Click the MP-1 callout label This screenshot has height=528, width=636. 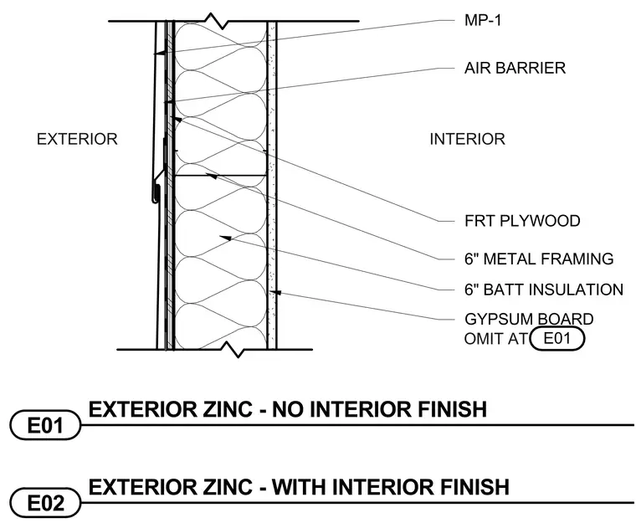(x=483, y=20)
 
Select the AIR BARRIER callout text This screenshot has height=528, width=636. (x=515, y=68)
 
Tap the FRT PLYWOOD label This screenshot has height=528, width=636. (x=522, y=221)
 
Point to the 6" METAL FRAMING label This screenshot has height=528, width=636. (x=539, y=259)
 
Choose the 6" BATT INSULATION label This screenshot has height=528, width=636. (x=543, y=290)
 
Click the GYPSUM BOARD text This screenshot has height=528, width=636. (x=529, y=319)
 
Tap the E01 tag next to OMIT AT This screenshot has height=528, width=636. (x=556, y=339)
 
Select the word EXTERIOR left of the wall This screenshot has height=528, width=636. (x=77, y=139)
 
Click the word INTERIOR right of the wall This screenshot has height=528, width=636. (x=467, y=139)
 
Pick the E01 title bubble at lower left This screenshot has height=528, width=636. (x=45, y=425)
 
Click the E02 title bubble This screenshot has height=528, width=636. (x=45, y=503)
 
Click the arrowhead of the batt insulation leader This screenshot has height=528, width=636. (x=225, y=238)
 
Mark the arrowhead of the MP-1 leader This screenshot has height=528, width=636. (x=159, y=53)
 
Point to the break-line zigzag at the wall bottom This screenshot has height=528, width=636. (x=238, y=350)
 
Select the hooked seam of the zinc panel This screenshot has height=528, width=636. (x=156, y=193)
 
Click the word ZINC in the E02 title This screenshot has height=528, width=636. (x=229, y=487)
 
